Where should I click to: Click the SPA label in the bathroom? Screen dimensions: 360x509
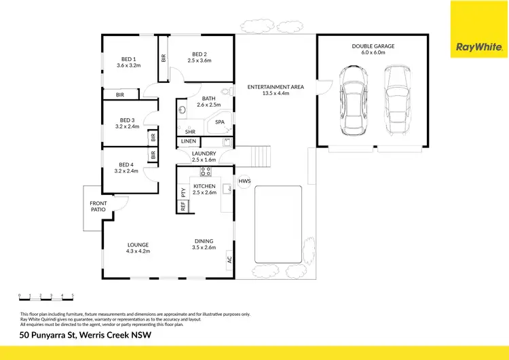[x=220, y=122]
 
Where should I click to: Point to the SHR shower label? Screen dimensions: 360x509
[x=183, y=132]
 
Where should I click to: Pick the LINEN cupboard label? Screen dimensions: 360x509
[x=188, y=141]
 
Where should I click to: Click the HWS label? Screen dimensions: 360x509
[x=244, y=181]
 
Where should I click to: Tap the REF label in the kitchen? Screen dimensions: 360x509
[x=183, y=206]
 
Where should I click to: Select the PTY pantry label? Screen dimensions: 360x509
[x=183, y=193]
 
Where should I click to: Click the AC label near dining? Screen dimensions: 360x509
[x=229, y=259]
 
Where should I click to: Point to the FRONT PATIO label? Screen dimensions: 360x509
[x=98, y=206]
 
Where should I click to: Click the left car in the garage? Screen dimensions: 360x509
[x=354, y=99]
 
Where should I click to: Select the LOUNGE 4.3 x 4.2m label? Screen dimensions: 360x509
[x=138, y=248]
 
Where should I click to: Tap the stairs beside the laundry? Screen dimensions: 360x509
[x=261, y=157]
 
